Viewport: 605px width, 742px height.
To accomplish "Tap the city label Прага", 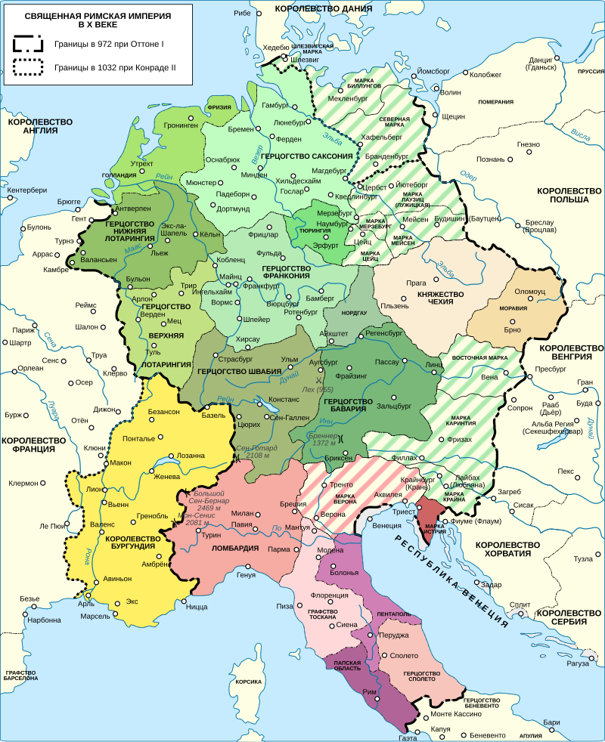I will point(417,283).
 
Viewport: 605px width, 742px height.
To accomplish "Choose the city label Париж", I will point(24,330).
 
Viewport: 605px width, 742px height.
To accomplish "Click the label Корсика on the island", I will point(248,682).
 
